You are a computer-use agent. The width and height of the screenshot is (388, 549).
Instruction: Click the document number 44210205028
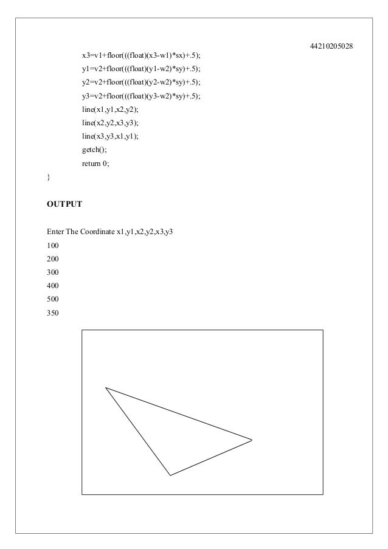[332, 46]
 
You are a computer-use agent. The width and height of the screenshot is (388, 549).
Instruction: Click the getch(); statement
[94, 150]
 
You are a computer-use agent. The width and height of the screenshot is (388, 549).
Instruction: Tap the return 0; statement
[95, 164]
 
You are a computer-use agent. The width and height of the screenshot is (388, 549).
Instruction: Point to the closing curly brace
[49, 177]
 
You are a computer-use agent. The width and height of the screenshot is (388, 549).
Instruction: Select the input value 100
[53, 246]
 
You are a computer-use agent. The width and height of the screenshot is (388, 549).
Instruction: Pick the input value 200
[53, 260]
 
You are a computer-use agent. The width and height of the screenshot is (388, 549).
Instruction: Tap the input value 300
[53, 273]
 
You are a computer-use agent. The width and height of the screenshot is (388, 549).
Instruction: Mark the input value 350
[53, 314]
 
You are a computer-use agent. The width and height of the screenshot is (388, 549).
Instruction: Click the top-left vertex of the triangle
[106, 387]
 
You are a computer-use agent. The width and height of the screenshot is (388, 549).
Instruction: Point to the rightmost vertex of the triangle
[252, 440]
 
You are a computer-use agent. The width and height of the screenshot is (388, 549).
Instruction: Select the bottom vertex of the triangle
[170, 475]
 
